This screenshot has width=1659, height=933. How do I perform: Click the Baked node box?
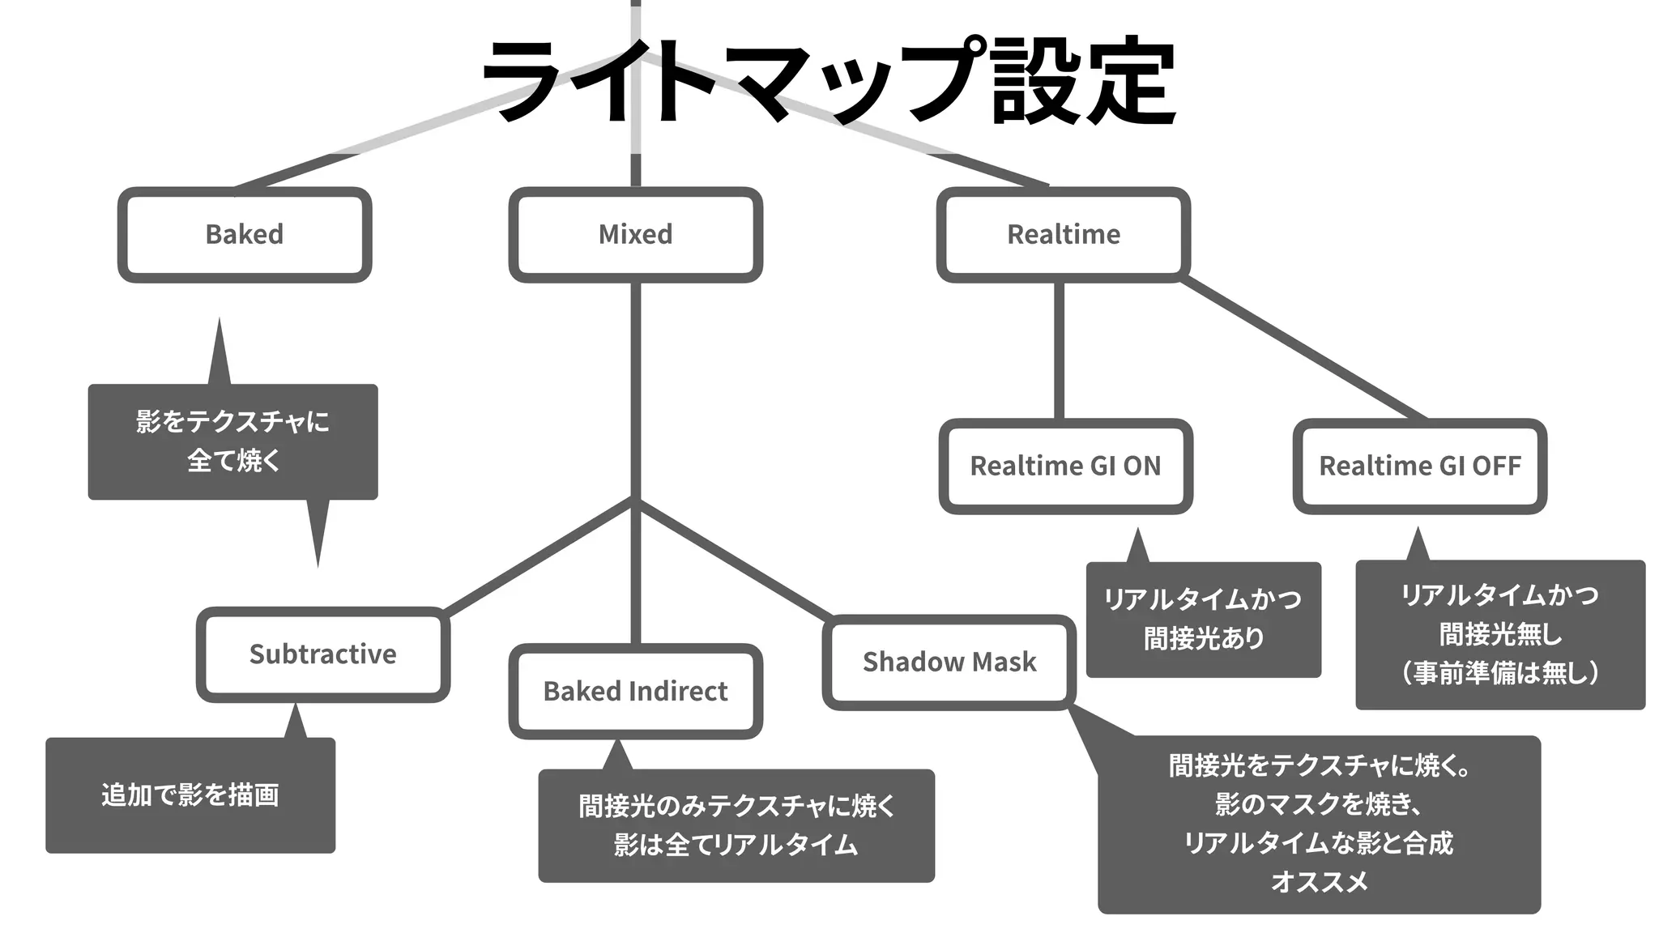coord(245,235)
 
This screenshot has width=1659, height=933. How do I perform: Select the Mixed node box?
coord(635,235)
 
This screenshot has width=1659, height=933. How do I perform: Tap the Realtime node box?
coord(1063,235)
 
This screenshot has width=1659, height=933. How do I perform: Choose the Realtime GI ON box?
coord(1065,466)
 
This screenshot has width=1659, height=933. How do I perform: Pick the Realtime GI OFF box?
coord(1419,466)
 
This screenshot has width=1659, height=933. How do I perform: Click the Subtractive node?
coord(322,654)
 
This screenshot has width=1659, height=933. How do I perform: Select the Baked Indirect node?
coord(635,692)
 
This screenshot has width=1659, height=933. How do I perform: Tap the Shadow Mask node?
coord(949,662)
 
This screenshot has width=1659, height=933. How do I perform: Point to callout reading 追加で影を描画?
coord(190,795)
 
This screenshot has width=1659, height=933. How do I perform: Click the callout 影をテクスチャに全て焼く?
coord(232,441)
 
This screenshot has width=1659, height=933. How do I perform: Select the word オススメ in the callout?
coord(1319,881)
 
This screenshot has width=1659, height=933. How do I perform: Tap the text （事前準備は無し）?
coord(1500,673)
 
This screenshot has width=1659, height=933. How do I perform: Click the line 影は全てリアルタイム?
coord(736,846)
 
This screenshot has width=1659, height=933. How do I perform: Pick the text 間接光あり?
coord(1203,639)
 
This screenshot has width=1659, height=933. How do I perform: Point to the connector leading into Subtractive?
coord(539,557)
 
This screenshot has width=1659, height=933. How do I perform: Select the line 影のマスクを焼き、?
coord(1319,804)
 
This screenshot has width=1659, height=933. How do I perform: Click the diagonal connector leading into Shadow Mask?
coord(733,559)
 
